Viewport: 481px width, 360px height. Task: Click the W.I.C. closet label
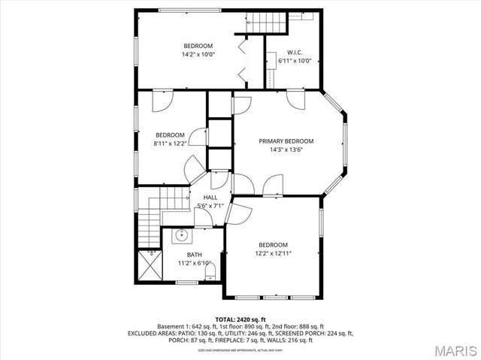tap(294, 53)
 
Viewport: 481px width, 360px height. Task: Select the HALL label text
tap(210, 198)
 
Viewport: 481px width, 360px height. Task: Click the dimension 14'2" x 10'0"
tap(198, 55)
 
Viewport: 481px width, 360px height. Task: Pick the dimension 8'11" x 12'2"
tap(169, 144)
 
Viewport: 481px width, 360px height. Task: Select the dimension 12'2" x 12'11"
tap(273, 254)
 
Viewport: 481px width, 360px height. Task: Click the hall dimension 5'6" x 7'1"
tap(210, 206)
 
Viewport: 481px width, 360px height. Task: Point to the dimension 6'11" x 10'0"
tap(294, 61)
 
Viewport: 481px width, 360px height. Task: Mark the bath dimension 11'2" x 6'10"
tap(194, 264)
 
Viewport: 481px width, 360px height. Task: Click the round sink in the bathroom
tap(181, 236)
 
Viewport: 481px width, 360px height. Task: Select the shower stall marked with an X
tap(150, 265)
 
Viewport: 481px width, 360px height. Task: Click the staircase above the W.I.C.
tap(268, 23)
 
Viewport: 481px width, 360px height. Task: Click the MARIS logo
tap(450, 350)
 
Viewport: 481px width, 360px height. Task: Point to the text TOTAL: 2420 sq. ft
tap(240, 319)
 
